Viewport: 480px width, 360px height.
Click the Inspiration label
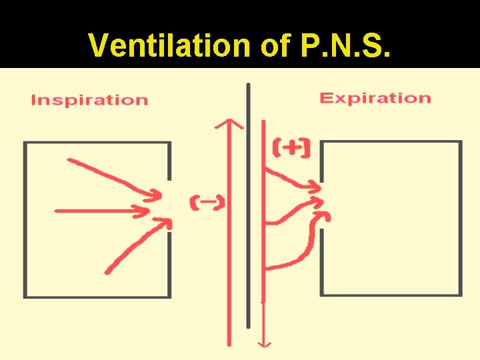coord(89,100)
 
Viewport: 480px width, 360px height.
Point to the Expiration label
coord(375,98)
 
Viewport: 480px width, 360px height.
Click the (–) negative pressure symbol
coord(207,203)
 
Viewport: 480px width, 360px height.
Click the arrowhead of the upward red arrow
coord(230,124)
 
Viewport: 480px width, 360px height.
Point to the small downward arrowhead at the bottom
coord(265,343)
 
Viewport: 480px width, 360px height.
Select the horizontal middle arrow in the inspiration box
coord(100,211)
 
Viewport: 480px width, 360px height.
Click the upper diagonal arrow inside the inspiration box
coord(113,177)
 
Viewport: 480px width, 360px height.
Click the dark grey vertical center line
coord(248,200)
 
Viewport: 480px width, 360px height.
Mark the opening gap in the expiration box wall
coord(321,203)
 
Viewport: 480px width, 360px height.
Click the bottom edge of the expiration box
coord(391,294)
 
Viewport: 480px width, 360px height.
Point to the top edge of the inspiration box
coord(97,143)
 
